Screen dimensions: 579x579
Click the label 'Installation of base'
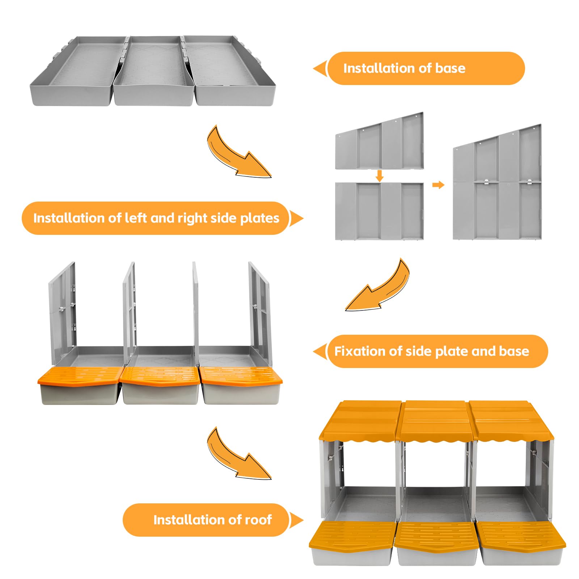[404, 68]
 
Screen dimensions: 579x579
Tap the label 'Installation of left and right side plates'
[156, 218]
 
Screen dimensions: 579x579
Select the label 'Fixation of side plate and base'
[431, 351]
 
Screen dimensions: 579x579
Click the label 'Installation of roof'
[212, 520]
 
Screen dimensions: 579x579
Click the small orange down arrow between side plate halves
[379, 176]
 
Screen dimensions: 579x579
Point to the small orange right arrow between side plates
[438, 185]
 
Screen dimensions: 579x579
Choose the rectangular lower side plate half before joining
[379, 211]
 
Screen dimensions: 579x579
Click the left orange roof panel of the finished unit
[360, 420]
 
